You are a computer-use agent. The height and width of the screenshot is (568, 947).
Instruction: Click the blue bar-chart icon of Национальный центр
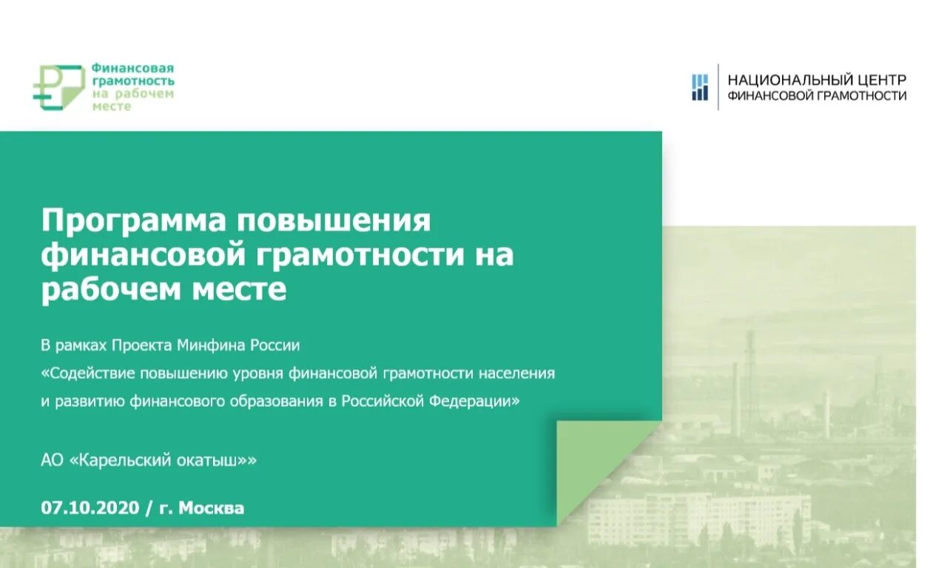[699, 87]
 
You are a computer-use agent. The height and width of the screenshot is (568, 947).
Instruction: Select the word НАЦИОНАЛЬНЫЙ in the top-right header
[788, 80]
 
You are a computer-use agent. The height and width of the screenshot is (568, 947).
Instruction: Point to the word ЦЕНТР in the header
[880, 80]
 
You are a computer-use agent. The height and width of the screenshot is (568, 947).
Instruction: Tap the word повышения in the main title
[333, 221]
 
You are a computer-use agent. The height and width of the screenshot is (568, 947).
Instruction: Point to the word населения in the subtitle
[519, 373]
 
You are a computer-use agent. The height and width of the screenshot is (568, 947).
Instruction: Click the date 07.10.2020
[90, 508]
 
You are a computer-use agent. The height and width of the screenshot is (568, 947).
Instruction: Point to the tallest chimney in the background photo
[750, 370]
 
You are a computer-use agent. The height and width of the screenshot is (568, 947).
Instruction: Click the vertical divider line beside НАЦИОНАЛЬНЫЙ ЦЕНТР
[718, 87]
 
